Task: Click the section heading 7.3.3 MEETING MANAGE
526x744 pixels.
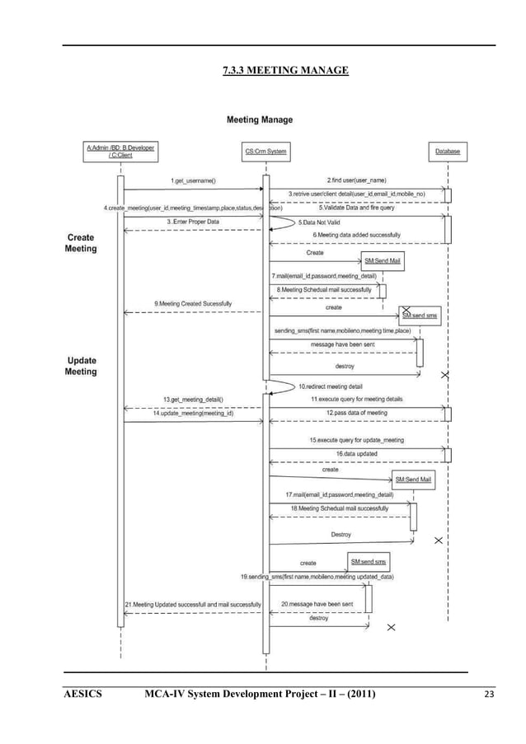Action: click(x=285, y=71)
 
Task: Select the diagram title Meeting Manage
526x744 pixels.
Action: click(x=259, y=120)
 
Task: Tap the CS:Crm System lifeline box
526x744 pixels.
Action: click(x=265, y=152)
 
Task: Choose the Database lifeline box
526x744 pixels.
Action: click(x=448, y=152)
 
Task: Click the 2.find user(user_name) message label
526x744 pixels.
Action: click(x=356, y=180)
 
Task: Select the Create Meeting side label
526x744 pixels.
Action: click(x=80, y=243)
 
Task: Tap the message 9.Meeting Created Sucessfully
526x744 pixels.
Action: click(x=193, y=304)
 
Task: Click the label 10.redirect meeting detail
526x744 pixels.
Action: click(x=330, y=386)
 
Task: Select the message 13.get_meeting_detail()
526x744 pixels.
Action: click(x=193, y=400)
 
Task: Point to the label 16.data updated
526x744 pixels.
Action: click(x=356, y=453)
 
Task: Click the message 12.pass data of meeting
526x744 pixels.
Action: click(x=356, y=413)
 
